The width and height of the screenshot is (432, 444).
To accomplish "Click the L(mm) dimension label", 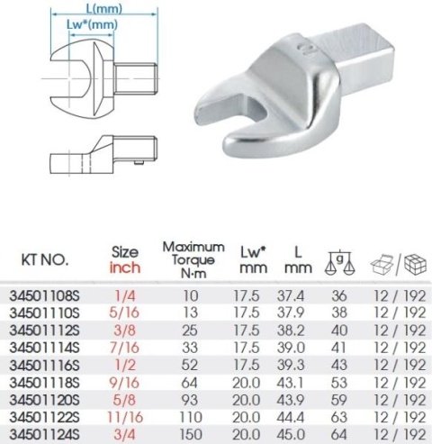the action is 104,8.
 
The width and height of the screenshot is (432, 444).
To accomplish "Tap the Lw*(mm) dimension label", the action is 92,24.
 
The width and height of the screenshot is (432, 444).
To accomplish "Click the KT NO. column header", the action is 45,260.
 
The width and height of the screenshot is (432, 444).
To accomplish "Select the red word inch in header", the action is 125,267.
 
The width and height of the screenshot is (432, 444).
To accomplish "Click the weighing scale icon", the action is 339,262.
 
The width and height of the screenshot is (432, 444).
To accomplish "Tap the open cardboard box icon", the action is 382,265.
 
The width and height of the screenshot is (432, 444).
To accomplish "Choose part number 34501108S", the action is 44,296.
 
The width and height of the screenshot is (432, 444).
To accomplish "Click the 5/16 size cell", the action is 124,313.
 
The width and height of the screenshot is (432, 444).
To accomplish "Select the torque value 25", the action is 190,331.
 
